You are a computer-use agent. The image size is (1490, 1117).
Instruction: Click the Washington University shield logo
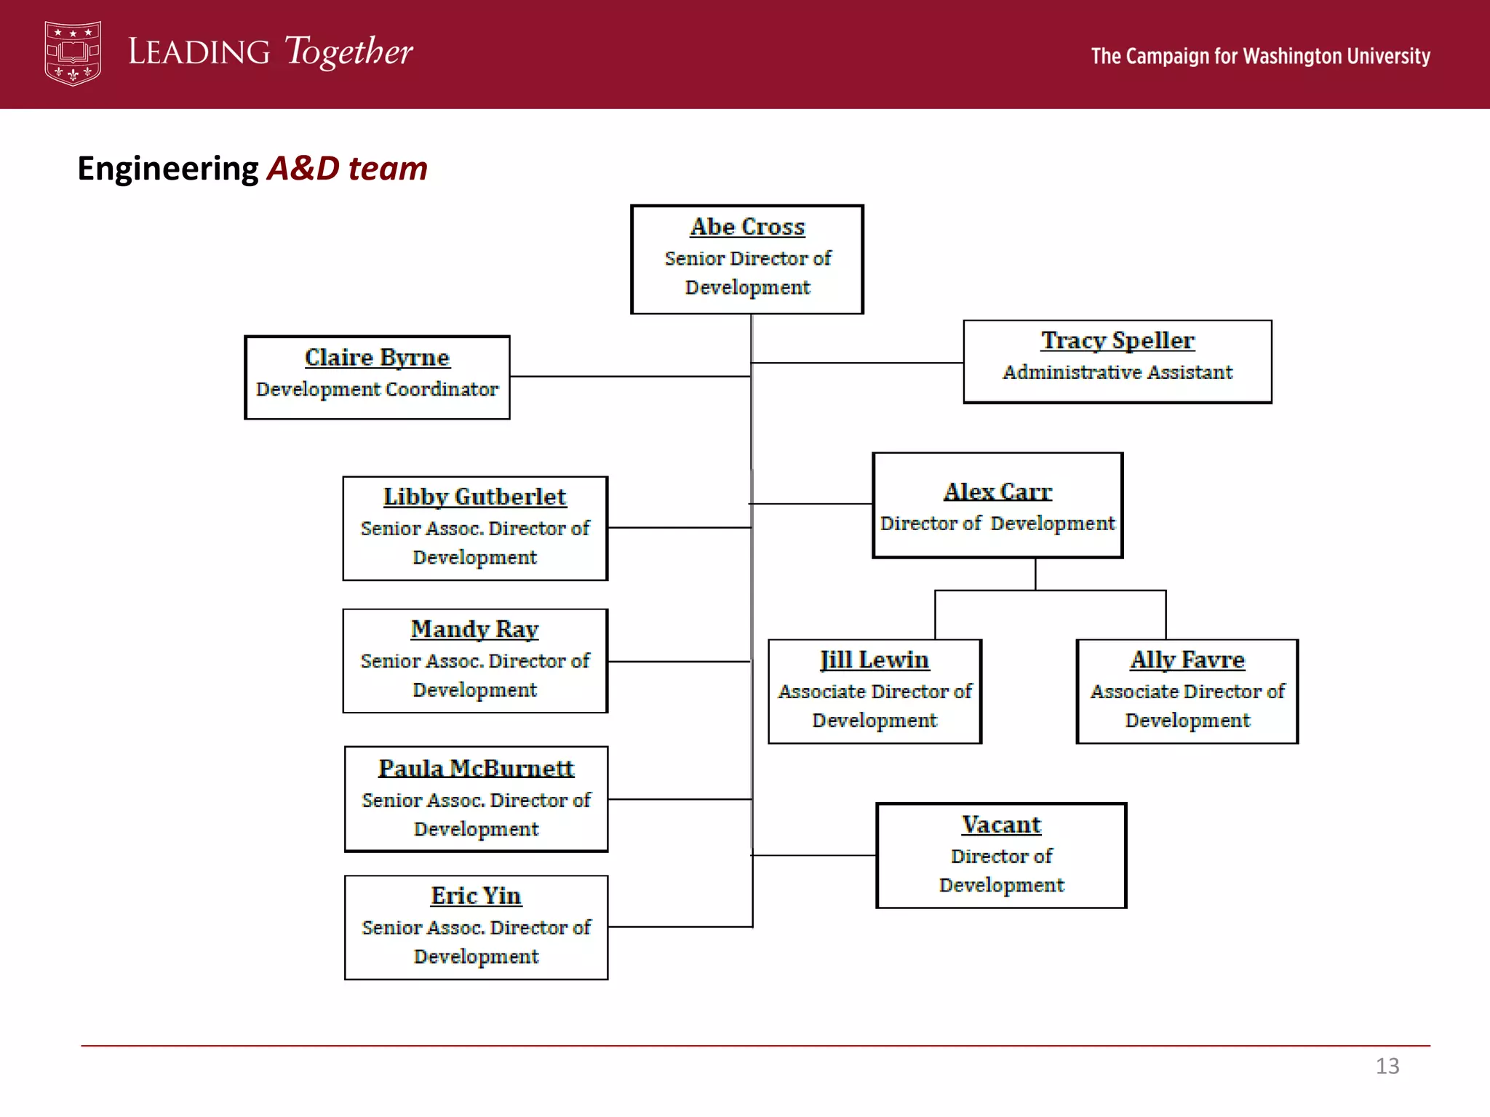click(x=72, y=53)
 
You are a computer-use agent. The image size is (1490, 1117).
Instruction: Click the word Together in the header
click(x=348, y=52)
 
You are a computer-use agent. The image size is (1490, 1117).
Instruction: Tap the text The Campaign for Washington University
click(x=1260, y=56)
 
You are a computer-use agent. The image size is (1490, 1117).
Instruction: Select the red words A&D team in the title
click(x=347, y=168)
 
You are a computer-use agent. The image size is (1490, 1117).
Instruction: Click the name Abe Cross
click(x=747, y=227)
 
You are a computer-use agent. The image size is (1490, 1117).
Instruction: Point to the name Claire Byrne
click(x=377, y=357)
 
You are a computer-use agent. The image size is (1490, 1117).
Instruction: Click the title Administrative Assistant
click(x=1117, y=372)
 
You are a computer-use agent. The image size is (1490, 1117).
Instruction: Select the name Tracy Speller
click(x=1117, y=340)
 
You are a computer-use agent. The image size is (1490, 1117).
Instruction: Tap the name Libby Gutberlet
click(x=474, y=497)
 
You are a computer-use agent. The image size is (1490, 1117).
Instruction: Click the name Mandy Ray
click(x=474, y=629)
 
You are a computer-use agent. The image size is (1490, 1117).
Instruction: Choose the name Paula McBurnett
click(x=476, y=769)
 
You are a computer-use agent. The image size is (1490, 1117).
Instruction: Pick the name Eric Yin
click(x=476, y=896)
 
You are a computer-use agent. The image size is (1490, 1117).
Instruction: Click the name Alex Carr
click(x=997, y=492)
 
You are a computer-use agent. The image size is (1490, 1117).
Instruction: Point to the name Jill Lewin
click(x=875, y=660)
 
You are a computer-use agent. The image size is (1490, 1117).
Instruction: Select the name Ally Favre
click(x=1187, y=660)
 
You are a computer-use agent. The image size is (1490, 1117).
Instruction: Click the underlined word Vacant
click(x=1001, y=825)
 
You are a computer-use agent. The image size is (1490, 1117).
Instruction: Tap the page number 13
click(x=1387, y=1066)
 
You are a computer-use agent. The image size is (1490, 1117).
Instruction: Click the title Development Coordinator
click(x=377, y=389)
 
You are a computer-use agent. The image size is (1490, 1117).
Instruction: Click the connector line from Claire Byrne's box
click(x=629, y=377)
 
